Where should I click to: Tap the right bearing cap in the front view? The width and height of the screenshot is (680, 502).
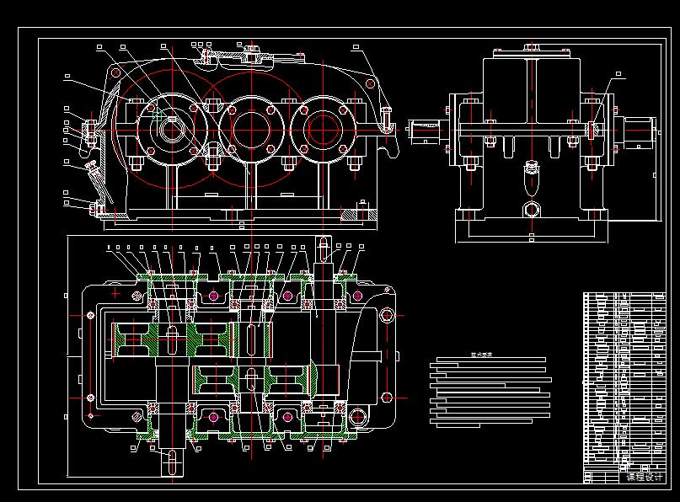pyautogui.click(x=320, y=129)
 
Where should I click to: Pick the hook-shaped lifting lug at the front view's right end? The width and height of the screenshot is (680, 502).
pyautogui.click(x=386, y=122)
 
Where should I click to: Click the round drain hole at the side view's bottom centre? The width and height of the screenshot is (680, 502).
pyautogui.click(x=531, y=209)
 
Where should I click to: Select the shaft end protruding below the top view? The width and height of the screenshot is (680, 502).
pyautogui.click(x=171, y=462)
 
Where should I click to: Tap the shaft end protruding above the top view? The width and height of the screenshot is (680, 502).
pyautogui.click(x=323, y=250)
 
